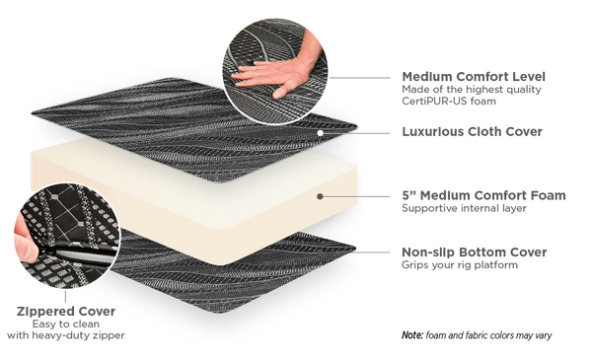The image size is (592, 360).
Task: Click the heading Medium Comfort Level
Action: (474, 77)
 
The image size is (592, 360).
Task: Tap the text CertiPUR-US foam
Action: (449, 102)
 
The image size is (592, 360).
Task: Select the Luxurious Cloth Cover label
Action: (472, 132)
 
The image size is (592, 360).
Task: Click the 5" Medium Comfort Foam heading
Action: (483, 195)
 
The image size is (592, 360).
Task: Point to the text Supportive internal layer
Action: (464, 208)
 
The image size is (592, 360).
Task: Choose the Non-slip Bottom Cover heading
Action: (475, 252)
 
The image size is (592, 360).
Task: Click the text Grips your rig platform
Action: (460, 265)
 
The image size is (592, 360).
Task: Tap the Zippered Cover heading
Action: (66, 312)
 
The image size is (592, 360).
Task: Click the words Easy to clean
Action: (66, 324)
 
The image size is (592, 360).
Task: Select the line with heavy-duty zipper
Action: (66, 335)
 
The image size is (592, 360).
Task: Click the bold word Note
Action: (412, 335)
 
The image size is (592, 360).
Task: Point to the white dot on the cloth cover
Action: (320, 133)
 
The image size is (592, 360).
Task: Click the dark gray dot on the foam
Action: (320, 196)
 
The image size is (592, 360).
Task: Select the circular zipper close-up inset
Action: (67, 236)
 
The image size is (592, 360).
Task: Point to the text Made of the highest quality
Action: (472, 90)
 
